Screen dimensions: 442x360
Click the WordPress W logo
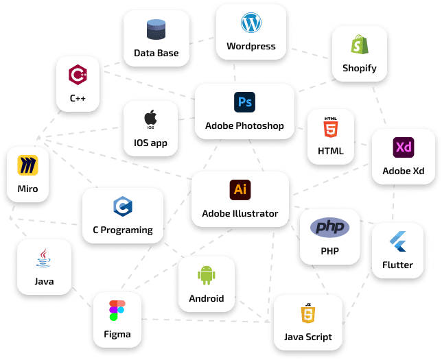251,23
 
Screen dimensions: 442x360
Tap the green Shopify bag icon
360,44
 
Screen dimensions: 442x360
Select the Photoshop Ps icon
244,102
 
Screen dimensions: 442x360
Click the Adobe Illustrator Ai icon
240,189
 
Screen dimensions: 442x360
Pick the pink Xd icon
404,147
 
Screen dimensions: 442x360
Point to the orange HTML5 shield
331,128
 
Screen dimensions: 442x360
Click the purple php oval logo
330,227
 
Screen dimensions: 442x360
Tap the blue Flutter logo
398,241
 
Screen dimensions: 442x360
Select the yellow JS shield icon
308,313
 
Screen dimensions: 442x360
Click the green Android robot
207,275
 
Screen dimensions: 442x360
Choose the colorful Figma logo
117,311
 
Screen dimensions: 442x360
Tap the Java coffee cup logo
44,258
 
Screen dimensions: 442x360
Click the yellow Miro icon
27,165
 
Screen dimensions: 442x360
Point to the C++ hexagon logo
78,75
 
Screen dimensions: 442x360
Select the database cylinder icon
156,29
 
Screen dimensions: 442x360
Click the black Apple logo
150,118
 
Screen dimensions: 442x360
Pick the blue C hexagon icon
123,206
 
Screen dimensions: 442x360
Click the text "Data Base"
156,53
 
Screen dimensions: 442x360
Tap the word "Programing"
126,230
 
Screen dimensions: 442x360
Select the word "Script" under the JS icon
319,337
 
